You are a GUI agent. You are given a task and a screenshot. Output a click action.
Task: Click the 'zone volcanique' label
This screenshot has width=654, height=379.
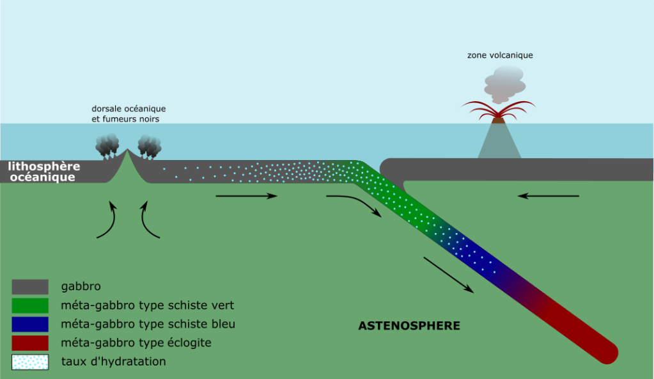click(x=500, y=56)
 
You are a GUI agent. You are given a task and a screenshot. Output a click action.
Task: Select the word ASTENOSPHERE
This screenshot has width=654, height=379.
click(x=409, y=325)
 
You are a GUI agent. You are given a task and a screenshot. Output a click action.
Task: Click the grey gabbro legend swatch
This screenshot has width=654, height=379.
click(x=30, y=287)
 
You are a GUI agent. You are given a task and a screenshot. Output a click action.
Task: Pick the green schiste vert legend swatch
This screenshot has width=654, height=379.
click(x=30, y=305)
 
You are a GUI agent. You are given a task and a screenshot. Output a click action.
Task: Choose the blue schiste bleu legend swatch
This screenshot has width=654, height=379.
click(x=30, y=324)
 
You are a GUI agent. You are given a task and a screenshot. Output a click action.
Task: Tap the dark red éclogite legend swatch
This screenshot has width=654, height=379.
click(x=30, y=343)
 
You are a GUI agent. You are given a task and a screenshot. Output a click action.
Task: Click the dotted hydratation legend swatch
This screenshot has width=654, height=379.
click(x=30, y=362)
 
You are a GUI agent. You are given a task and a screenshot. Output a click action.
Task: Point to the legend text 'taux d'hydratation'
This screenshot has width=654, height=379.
click(x=114, y=362)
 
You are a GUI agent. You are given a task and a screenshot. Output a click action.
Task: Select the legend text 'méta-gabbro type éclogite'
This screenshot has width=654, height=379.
click(x=136, y=343)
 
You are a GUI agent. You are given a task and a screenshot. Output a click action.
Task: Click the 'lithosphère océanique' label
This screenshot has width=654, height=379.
click(x=43, y=172)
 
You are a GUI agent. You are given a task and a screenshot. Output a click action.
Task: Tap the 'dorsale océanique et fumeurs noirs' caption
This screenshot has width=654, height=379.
click(x=128, y=114)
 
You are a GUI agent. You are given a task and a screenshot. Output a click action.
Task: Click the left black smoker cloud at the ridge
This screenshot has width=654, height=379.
click(x=107, y=147)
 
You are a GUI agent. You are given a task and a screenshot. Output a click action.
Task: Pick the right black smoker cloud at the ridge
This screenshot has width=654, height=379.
click(x=149, y=147)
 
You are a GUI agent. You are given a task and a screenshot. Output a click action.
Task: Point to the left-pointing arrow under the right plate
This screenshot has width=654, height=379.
click(x=548, y=196)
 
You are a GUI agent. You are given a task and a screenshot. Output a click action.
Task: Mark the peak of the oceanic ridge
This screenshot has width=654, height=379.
click(x=128, y=152)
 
